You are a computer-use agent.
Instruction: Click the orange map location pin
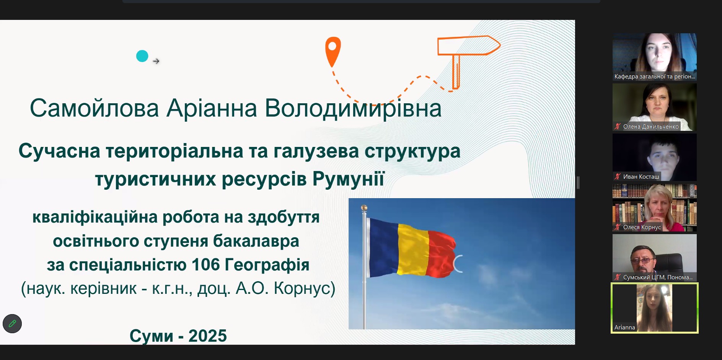point(333,51)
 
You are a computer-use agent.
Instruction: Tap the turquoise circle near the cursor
point(142,56)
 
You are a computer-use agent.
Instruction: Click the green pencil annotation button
point(12,324)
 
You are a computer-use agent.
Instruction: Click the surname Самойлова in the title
point(94,108)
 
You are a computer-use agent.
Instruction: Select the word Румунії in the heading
point(349,179)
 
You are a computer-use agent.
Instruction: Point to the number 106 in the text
point(205,265)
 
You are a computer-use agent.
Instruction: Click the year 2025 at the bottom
point(207,336)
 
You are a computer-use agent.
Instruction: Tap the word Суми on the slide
point(152,336)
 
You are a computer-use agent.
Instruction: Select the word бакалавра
point(256,241)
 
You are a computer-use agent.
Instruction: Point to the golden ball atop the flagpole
point(364,208)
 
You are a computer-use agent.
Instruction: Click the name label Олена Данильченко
point(651,127)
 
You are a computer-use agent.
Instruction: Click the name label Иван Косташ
point(641,177)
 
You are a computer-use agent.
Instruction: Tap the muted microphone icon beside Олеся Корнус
point(618,227)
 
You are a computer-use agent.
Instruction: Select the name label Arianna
point(625,327)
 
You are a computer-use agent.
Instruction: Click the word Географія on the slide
point(267,265)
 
